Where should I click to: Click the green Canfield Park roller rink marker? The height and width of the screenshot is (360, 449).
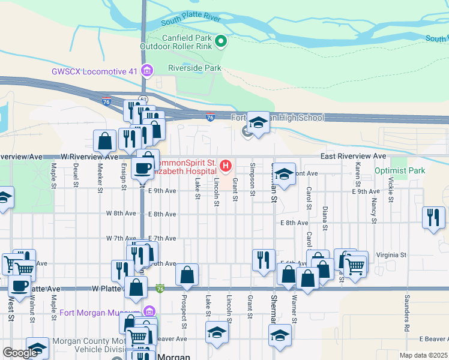point(221,41)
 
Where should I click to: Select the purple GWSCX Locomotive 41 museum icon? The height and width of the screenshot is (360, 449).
point(146,71)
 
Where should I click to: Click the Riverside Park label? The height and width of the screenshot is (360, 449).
point(194,68)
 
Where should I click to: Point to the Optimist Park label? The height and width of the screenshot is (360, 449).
point(400,170)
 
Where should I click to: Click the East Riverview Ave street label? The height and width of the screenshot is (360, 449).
point(353,155)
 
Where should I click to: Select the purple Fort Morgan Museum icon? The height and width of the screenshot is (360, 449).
point(149,312)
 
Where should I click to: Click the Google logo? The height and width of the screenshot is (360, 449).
point(20,353)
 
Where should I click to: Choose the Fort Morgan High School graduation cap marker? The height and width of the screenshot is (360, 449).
point(258,124)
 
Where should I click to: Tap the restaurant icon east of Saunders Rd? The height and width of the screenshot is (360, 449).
point(433,217)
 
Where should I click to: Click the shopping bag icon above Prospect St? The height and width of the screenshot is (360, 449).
point(187,275)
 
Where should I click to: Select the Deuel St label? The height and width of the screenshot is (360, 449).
point(76,175)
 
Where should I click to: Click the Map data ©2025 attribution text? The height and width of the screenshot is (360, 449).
point(423,355)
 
